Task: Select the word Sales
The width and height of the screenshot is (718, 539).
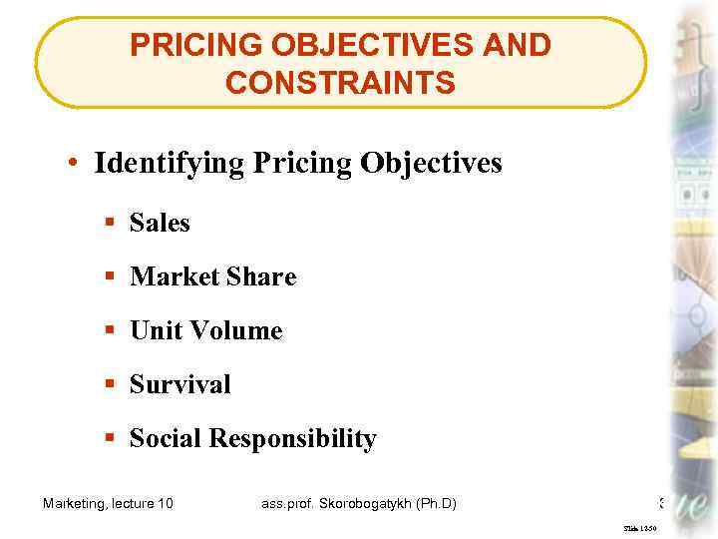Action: point(160,223)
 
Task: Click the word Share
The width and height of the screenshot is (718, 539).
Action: point(263,276)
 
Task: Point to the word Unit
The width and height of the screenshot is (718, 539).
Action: point(156,330)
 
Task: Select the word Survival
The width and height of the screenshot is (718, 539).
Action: point(180,384)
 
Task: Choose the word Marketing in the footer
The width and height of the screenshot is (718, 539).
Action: point(77,503)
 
